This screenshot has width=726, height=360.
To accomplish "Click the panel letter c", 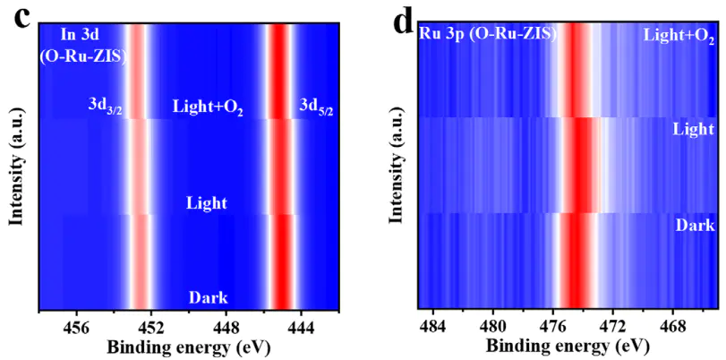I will point(16,18).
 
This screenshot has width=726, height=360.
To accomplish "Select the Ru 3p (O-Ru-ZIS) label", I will point(488,34).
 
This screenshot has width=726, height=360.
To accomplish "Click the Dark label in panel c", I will point(208,297).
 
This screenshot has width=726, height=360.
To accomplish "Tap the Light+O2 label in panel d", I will point(679,36).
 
